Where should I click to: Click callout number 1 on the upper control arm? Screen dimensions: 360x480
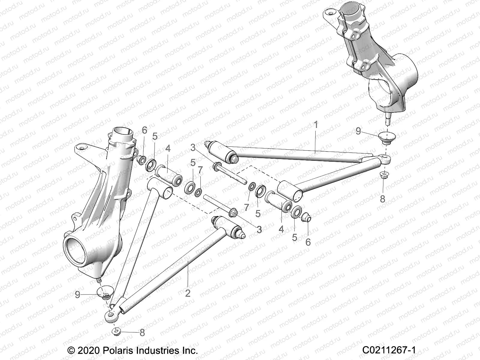[315, 125]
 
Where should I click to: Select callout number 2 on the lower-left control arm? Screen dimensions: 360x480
[188, 293]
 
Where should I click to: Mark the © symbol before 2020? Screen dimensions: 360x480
[71, 350]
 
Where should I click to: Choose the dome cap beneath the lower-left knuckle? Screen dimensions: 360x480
[105, 292]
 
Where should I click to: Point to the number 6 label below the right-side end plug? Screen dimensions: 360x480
[308, 242]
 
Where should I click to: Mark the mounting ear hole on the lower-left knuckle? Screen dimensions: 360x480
[80, 148]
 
